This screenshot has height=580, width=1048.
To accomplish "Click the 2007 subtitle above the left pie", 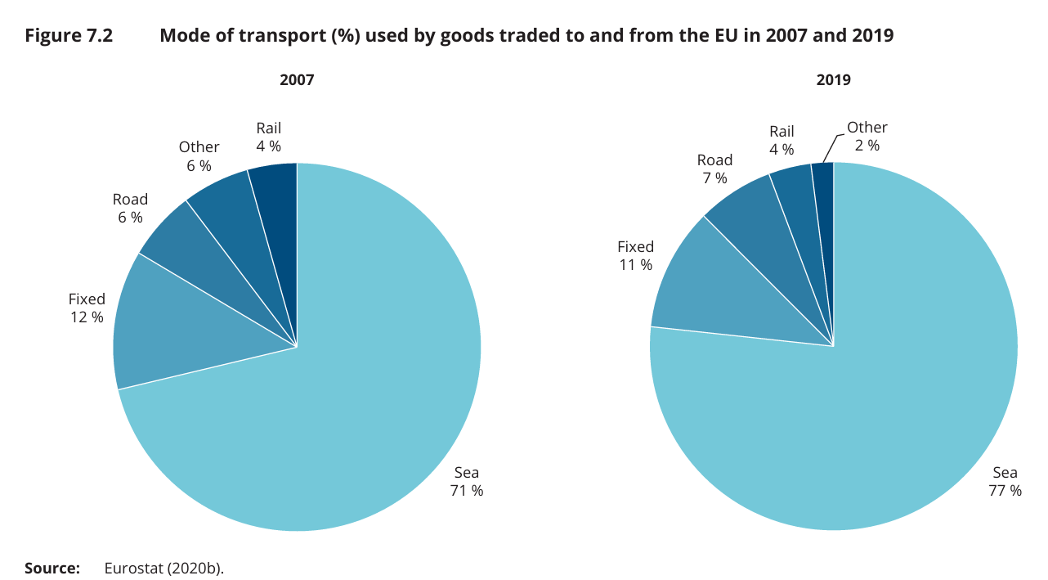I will pyautogui.click(x=297, y=80).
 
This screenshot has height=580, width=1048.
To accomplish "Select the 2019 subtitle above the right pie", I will pyautogui.click(x=833, y=80).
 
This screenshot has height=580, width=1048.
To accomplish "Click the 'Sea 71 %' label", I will pyautogui.click(x=466, y=482).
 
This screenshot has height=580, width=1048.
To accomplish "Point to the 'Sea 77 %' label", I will pyautogui.click(x=1005, y=482).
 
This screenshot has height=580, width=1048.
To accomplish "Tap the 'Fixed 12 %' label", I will pyautogui.click(x=87, y=308).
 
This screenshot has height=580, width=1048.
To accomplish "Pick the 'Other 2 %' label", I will pyautogui.click(x=867, y=136).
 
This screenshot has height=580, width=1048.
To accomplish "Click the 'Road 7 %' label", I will pyautogui.click(x=714, y=169).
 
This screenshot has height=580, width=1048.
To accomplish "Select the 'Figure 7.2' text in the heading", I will pyautogui.click(x=69, y=36).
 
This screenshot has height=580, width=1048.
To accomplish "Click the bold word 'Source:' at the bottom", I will pyautogui.click(x=52, y=568).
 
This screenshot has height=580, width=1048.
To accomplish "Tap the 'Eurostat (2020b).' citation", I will pyautogui.click(x=163, y=568).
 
